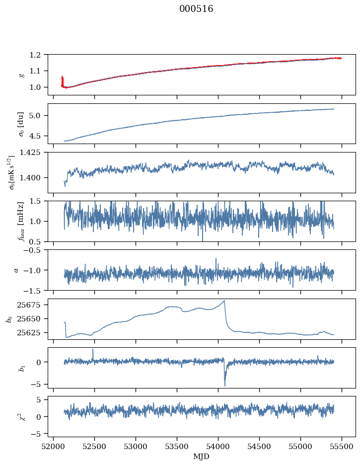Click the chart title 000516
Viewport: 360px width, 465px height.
coord(196,9)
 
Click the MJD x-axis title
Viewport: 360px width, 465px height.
coord(202,457)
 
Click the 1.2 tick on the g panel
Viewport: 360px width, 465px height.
coord(39,55)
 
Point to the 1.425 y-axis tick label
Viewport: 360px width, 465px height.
coord(34,153)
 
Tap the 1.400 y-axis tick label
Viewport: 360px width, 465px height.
coord(34,177)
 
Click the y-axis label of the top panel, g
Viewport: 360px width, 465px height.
coord(21,75)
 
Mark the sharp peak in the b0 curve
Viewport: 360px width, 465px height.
coord(224,301)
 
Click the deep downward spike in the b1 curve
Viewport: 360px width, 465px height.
coord(224,386)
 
